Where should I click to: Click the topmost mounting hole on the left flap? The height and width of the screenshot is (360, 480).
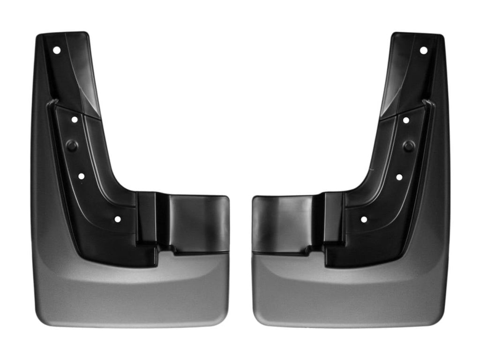(x=57, y=50)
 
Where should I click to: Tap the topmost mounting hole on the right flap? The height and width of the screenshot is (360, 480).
(x=423, y=50)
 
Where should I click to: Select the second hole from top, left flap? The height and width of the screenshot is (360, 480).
(x=75, y=120)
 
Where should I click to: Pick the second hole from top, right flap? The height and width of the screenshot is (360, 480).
(x=405, y=120)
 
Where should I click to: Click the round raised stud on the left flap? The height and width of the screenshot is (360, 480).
(x=72, y=145)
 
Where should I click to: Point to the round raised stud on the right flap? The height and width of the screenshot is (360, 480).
(x=408, y=146)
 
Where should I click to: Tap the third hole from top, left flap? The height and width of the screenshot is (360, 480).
(x=81, y=177)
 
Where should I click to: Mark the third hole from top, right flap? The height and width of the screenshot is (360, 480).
(x=399, y=177)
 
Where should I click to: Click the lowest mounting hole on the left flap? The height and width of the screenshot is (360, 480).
(x=117, y=219)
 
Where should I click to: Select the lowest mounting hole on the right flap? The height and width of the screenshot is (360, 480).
(x=363, y=219)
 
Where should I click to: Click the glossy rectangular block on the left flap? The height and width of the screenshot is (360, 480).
(x=198, y=222)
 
